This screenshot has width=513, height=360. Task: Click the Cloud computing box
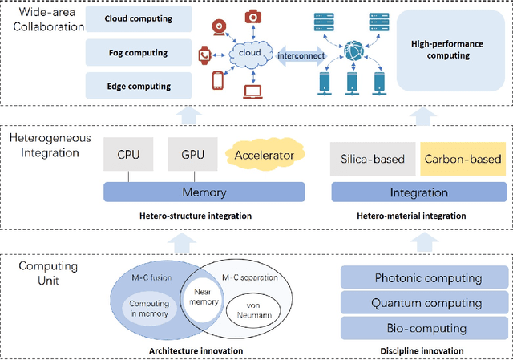pyautogui.click(x=139, y=18)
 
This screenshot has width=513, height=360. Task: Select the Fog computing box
pyautogui.click(x=139, y=53)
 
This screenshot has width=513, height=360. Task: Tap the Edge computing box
pyautogui.click(x=139, y=86)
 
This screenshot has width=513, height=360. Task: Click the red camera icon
pyautogui.click(x=253, y=17)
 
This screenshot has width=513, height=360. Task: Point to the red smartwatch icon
pyautogui.click(x=204, y=55)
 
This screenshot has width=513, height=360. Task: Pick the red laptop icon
pyautogui.click(x=252, y=92)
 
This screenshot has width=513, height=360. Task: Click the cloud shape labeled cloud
pyautogui.click(x=250, y=54)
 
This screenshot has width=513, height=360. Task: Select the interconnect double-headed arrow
pyautogui.click(x=301, y=56)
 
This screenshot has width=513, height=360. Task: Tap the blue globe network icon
pyautogui.click(x=353, y=51)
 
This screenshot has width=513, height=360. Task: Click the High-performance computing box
pyautogui.click(x=450, y=50)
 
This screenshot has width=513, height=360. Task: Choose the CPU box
pyautogui.click(x=128, y=154)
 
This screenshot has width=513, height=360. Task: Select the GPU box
pyautogui.click(x=192, y=154)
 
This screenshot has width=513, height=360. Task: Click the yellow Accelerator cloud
pyautogui.click(x=265, y=155)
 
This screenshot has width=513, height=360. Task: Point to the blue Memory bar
pyautogui.click(x=204, y=192)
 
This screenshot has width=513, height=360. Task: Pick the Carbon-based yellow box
pyautogui.click(x=463, y=159)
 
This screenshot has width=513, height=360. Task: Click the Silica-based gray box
pyautogui.click(x=373, y=159)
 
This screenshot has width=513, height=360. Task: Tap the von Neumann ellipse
pyautogui.click(x=253, y=310)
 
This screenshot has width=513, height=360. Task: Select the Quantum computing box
pyautogui.click(x=424, y=303)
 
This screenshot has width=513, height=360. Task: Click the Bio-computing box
pyautogui.click(x=424, y=328)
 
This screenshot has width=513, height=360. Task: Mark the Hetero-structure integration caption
pyautogui.click(x=196, y=216)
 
